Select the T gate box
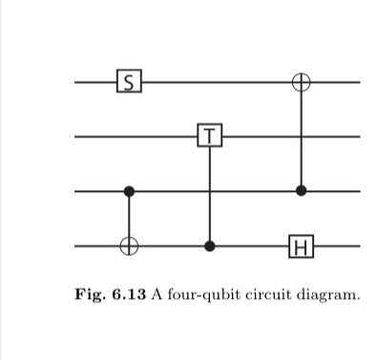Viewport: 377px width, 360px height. click(210, 137)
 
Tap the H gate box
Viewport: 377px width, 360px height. click(302, 247)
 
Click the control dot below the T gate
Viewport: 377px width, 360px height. click(210, 247)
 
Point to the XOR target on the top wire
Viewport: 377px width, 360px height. click(302, 82)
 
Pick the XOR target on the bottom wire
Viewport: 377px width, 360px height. click(130, 247)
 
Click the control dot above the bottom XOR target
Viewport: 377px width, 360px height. click(130, 192)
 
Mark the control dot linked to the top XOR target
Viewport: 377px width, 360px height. click(302, 192)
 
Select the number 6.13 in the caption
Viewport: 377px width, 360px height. click(127, 292)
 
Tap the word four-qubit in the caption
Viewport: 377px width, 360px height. click(199, 292)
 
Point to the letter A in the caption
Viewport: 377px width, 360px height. click(154, 292)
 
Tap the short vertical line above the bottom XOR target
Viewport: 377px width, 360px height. click(130, 218)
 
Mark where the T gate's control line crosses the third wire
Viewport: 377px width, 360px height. click(210, 192)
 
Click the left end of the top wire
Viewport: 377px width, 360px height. click(76, 82)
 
